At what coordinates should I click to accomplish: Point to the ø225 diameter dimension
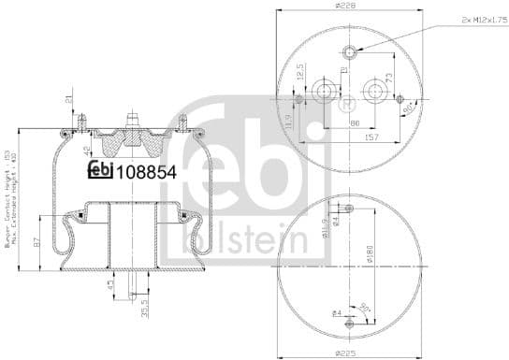click(346, 353)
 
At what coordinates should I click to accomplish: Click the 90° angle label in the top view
click(409, 109)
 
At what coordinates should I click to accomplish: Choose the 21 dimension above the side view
click(68, 101)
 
